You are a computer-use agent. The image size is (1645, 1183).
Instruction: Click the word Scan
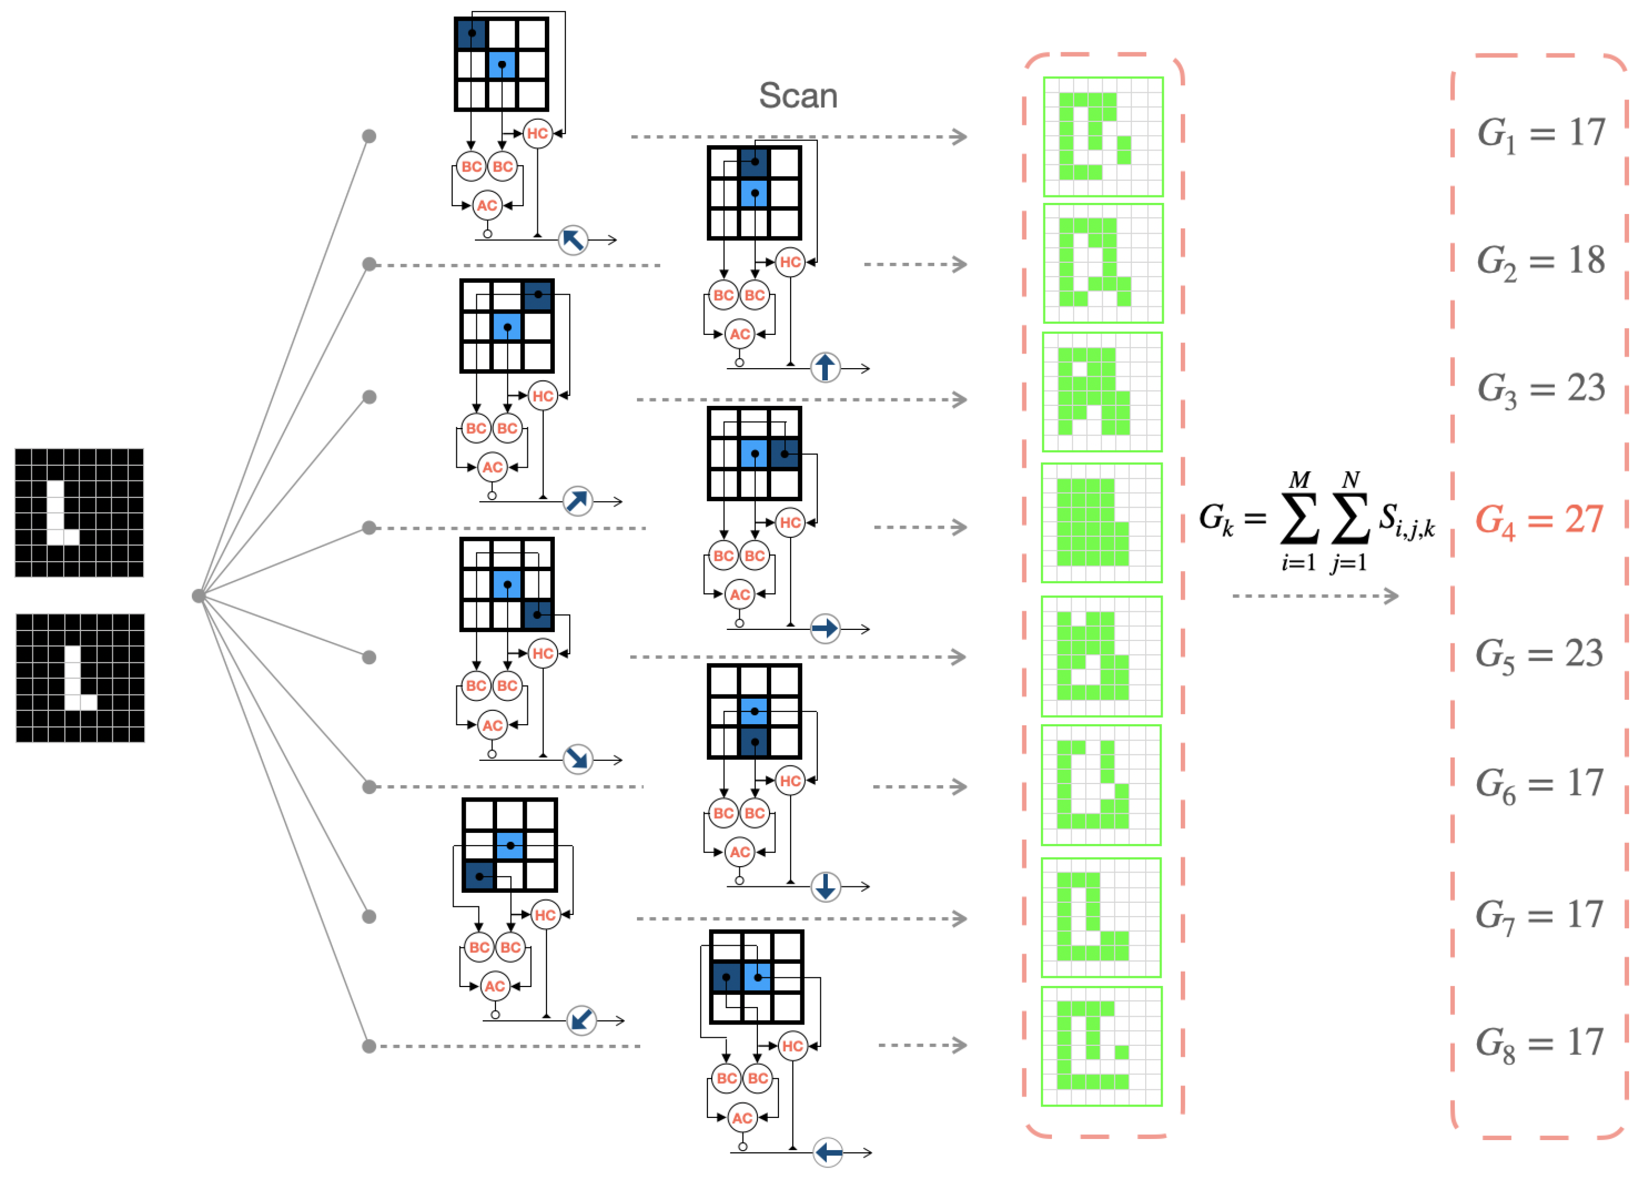798,96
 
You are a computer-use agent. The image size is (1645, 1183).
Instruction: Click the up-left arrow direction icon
573,239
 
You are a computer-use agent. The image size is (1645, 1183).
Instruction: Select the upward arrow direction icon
825,368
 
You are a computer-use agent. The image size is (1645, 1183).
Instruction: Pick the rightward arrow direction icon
825,628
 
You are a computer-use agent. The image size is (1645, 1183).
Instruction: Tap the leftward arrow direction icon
828,1152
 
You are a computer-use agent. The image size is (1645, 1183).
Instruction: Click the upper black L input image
79,512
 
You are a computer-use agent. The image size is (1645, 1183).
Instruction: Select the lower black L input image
80,678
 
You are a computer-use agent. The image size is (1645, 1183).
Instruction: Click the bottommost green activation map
1101,1046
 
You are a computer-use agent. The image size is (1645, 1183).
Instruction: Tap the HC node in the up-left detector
537,134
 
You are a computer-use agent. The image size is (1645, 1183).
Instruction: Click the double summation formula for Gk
1316,520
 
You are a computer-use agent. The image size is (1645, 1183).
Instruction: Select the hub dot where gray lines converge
198,596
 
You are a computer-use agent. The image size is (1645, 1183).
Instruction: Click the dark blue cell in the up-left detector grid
472,33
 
